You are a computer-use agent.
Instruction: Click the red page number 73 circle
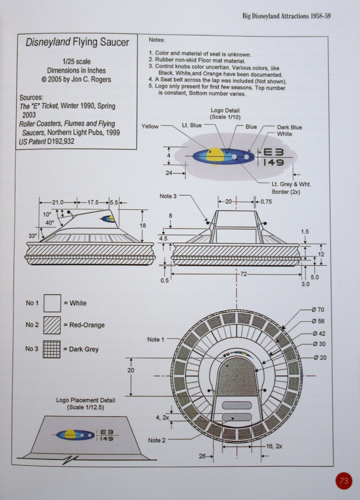tap(343, 481)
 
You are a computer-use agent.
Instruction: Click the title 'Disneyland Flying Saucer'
tap(77, 42)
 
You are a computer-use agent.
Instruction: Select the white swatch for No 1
tap(52, 303)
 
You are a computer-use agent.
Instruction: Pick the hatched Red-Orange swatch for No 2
tap(52, 325)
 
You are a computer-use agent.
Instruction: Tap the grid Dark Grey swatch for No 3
tap(52, 349)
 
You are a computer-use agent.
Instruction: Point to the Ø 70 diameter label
tap(318, 310)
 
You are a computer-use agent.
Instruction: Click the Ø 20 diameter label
tap(320, 357)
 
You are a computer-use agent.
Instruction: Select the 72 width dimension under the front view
tap(243, 274)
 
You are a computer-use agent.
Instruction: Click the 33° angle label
tap(33, 236)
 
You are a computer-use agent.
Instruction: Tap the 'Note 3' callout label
tap(168, 196)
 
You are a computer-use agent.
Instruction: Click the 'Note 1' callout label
tap(155, 339)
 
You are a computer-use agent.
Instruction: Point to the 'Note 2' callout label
tap(156, 440)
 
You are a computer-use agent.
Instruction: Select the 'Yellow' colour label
tap(150, 126)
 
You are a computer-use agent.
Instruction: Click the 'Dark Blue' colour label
tap(289, 127)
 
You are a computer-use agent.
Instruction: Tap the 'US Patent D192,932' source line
tap(47, 142)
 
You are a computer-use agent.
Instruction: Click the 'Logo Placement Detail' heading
tap(86, 400)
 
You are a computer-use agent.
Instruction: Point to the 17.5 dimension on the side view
tap(93, 202)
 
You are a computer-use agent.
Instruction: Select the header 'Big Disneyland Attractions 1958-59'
tap(286, 16)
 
